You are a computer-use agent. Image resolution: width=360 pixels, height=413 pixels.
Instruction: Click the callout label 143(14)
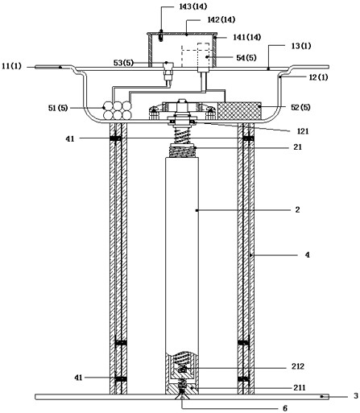(193, 6)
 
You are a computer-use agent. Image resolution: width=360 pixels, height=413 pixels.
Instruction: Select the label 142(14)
(221, 19)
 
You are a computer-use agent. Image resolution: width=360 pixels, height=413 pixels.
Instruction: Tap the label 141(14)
(246, 37)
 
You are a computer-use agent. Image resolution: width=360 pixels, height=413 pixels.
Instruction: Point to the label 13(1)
(301, 46)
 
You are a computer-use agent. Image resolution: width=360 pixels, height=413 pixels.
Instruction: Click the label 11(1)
(11, 66)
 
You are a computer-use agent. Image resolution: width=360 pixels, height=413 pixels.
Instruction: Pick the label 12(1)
(318, 77)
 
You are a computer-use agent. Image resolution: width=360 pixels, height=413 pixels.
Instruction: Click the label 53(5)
(123, 63)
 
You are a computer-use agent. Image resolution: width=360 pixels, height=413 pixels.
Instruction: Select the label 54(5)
(246, 58)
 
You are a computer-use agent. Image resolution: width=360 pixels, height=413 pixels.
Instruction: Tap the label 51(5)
(58, 108)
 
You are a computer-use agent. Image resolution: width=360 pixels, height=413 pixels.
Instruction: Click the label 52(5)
(300, 107)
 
